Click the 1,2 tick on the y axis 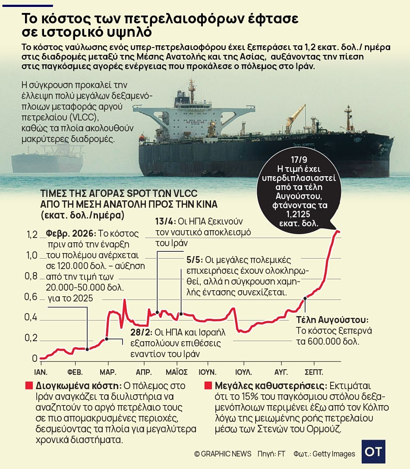(x=32, y=234)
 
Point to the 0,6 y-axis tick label (x=31, y=297)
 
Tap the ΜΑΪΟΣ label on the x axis (x=177, y=372)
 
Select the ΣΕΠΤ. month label (x=314, y=372)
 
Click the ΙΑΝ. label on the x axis (x=41, y=372)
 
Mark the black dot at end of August (x=305, y=298)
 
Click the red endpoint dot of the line (x=339, y=231)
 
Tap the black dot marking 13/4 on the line (x=158, y=313)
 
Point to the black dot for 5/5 (x=181, y=314)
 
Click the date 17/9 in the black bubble (x=299, y=160)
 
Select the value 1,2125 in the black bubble (x=298, y=214)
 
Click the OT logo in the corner (x=373, y=452)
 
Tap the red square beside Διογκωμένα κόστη (x=29, y=385)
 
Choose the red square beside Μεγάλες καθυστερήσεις (x=208, y=385)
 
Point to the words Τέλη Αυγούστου (x=332, y=320)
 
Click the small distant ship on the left (x=47, y=160)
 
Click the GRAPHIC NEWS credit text (x=223, y=454)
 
